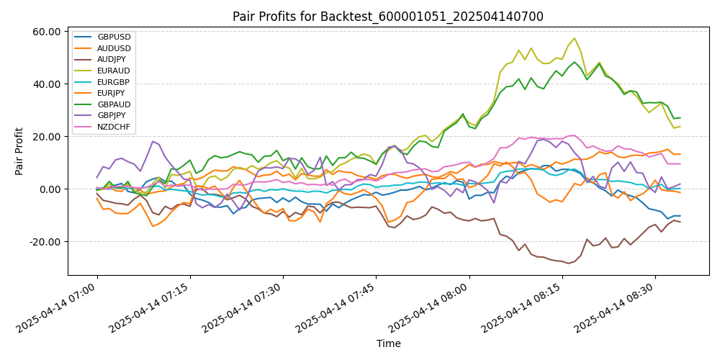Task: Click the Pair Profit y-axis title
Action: click(x=20, y=151)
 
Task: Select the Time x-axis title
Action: click(x=388, y=344)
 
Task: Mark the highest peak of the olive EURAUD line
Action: click(x=574, y=38)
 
